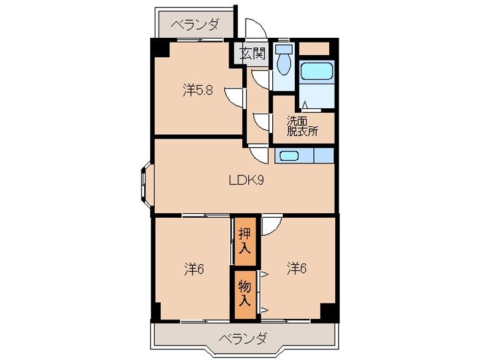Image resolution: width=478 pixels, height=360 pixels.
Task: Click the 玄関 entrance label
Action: coord(252,54)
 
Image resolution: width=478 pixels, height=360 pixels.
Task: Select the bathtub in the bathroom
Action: coord(316,71)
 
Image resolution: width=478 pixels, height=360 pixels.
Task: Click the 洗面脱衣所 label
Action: coord(303,126)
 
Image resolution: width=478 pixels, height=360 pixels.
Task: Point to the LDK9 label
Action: coord(246,180)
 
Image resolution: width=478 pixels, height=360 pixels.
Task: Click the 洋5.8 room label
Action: coord(198,90)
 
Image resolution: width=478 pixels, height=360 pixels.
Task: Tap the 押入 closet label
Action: coord(245,241)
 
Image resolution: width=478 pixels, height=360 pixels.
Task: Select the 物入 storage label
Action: coord(245,293)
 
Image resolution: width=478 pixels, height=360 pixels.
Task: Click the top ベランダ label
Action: coord(194,25)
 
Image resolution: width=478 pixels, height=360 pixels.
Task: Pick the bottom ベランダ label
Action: coord(243,338)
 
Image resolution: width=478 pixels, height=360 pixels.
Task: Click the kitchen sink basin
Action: coord(289,156)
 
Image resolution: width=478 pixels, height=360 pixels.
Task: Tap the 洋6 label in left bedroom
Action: coord(194,269)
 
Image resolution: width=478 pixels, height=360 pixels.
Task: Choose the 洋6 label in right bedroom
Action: coord(297,268)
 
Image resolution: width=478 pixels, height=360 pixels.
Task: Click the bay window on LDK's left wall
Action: coord(145,185)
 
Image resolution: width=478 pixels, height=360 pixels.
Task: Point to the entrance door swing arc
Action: coord(256,28)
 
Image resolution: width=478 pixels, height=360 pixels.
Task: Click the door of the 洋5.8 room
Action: coord(234,98)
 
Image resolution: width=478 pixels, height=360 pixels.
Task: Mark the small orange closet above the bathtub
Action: coord(314,48)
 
